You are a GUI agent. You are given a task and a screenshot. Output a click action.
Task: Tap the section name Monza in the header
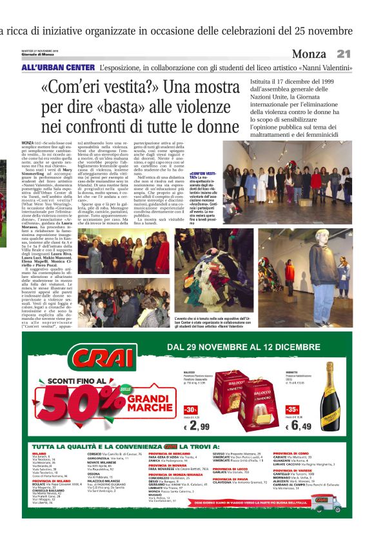(x=309, y=54)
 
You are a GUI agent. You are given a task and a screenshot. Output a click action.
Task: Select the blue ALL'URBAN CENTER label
(x=57, y=67)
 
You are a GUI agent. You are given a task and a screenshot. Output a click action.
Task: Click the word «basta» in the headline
(x=132, y=104)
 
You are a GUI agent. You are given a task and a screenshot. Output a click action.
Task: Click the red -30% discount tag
(x=192, y=410)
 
